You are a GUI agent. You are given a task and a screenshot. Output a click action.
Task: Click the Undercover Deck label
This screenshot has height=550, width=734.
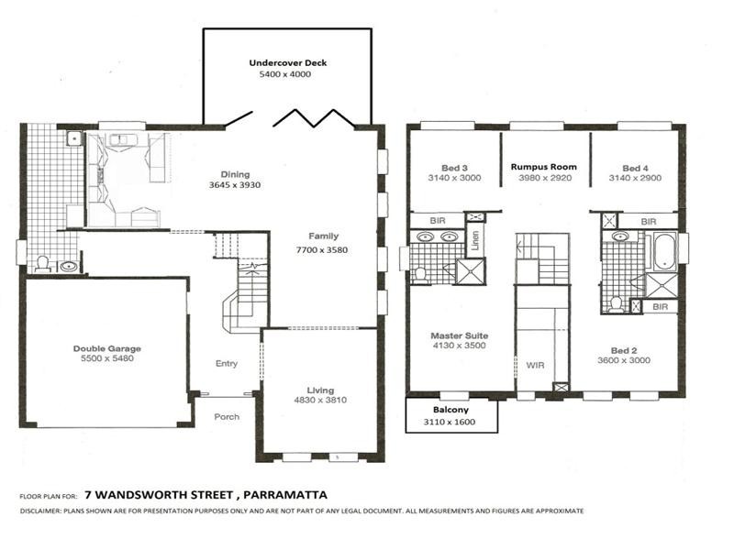[287, 63]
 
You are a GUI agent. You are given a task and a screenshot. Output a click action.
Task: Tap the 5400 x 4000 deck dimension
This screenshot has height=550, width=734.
[287, 74]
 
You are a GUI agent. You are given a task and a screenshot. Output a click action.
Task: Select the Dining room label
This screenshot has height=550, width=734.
[235, 175]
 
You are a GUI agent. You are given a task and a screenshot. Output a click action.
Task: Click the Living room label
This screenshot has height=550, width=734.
[320, 390]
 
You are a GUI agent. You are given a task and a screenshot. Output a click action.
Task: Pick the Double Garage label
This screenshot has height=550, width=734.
[107, 348]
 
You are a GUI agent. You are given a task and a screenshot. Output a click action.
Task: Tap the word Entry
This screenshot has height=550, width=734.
[226, 364]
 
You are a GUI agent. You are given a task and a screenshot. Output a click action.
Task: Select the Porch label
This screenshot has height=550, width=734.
[227, 416]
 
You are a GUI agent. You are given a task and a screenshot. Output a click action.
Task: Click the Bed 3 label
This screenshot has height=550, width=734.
[454, 168]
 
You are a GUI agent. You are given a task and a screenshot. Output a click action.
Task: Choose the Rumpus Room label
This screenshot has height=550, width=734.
[544, 167]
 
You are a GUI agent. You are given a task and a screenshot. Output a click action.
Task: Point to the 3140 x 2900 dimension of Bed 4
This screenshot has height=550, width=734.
[635, 178]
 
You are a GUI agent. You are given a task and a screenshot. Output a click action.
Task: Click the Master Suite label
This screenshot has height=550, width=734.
[459, 335]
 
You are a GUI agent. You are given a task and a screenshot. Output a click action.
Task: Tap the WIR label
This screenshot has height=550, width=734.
[535, 365]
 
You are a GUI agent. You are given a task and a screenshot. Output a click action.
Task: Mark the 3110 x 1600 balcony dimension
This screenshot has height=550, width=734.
[450, 422]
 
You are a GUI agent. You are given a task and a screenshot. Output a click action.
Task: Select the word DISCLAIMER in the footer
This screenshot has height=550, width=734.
[40, 511]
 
